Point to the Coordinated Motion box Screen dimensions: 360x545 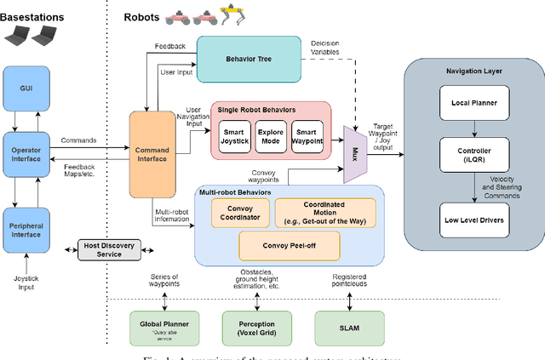coord(324,214)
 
